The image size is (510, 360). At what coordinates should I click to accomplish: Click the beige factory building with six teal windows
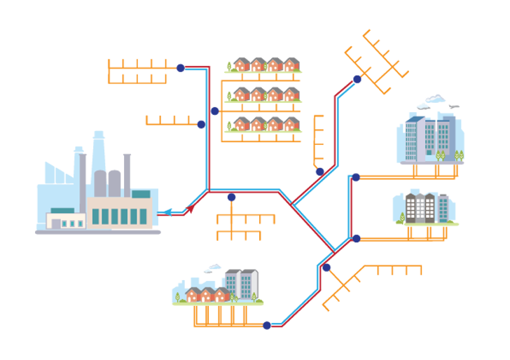click(119, 213)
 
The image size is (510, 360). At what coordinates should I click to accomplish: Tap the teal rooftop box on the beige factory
click(141, 194)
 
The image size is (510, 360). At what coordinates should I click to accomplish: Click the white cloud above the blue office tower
click(432, 103)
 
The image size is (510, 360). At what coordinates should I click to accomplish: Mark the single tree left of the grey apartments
click(401, 219)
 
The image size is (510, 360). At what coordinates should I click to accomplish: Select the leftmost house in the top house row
click(240, 66)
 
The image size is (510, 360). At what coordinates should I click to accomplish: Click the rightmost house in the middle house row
click(290, 96)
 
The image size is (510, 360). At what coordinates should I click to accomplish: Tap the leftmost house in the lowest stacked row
click(240, 125)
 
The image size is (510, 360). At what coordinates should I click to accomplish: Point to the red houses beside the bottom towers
click(205, 294)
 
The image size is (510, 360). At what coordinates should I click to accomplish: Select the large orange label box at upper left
click(140, 74)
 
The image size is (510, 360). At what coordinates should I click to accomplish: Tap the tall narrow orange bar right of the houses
click(318, 140)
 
